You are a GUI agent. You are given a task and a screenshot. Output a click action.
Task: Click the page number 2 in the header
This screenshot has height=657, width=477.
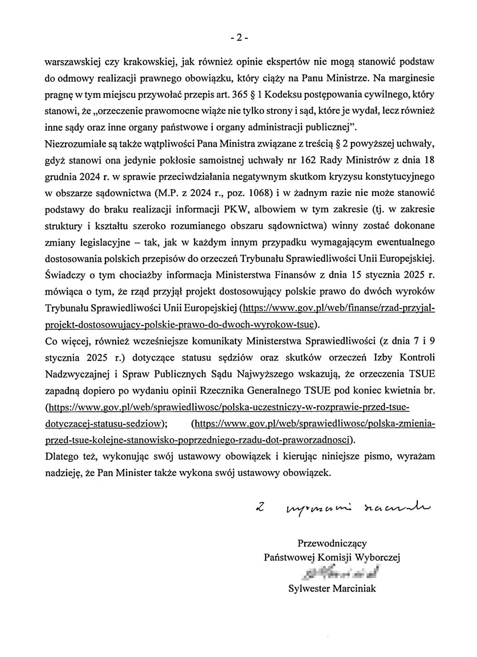238,38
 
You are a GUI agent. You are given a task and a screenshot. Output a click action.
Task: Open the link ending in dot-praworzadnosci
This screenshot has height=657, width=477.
198,440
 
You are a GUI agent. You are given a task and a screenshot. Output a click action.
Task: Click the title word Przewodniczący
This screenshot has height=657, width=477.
332,543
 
